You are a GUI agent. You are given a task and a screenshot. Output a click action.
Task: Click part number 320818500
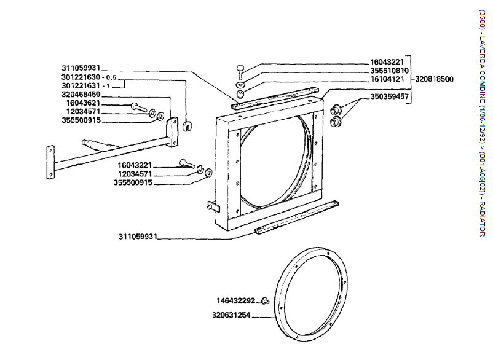pyautogui.click(x=434, y=79)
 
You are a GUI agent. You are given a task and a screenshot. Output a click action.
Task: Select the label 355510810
pyautogui.click(x=387, y=71)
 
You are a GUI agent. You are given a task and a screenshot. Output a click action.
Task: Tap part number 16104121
pyautogui.click(x=387, y=79)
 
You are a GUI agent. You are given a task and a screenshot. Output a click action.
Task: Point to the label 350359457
pyautogui.click(x=389, y=96)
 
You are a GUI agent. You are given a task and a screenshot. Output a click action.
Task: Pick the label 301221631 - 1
pyautogui.click(x=90, y=86)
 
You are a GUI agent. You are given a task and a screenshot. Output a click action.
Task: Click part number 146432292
pyautogui.click(x=237, y=301)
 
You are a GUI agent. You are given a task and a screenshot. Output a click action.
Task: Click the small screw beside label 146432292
pyautogui.click(x=265, y=300)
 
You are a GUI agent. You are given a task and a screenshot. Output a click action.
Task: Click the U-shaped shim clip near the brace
pyautogui.click(x=188, y=127)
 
